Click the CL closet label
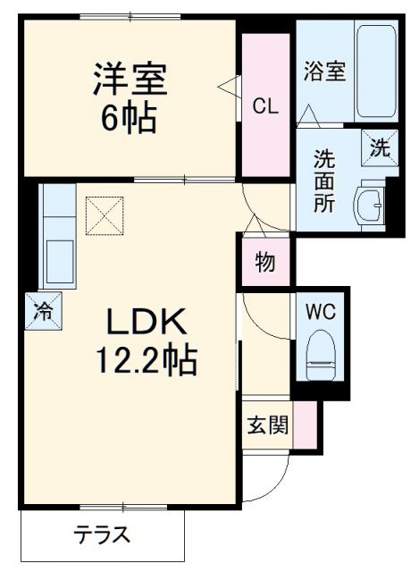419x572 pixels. tap(265, 106)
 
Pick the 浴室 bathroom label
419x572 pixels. tap(324, 71)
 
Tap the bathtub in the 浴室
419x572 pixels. tap(376, 71)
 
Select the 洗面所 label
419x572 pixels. tap(324, 180)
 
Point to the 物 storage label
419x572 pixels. tap(264, 263)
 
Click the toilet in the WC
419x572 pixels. tap(320, 356)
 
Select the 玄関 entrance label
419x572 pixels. tap(267, 424)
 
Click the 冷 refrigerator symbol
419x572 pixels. tap(42, 312)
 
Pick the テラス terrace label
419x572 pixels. tap(103, 535)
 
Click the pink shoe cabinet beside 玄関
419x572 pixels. tap(306, 424)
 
